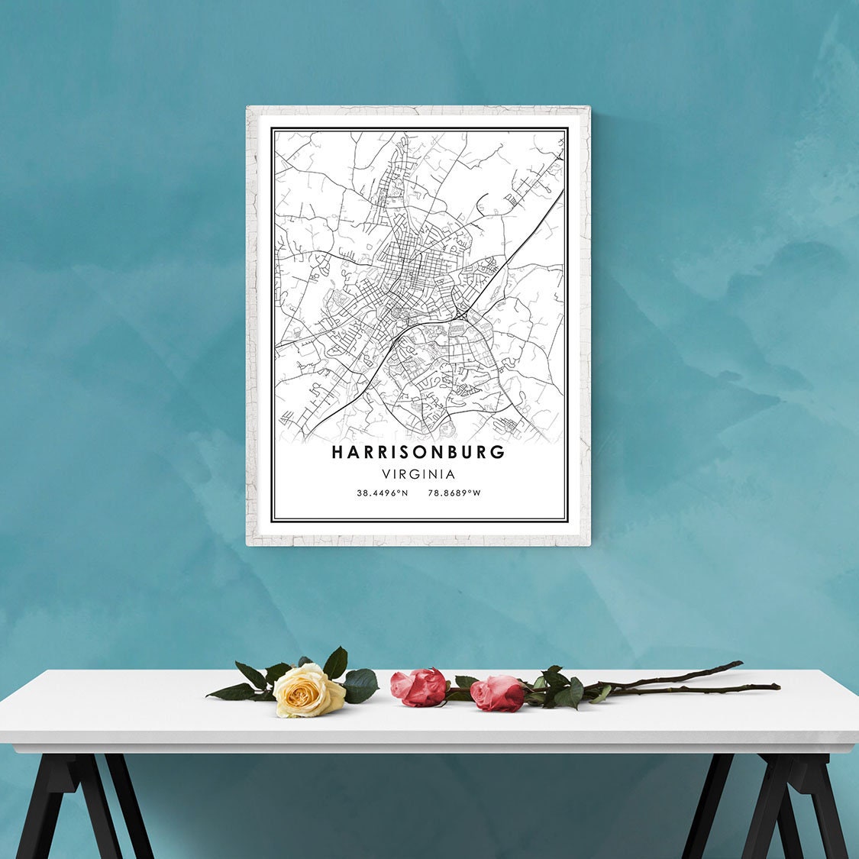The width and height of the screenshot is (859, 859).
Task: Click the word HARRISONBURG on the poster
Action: [x=418, y=452]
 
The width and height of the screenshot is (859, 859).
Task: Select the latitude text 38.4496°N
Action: [x=382, y=493]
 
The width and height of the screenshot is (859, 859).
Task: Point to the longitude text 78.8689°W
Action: [x=454, y=493]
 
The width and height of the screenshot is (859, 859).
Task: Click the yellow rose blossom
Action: [x=307, y=691]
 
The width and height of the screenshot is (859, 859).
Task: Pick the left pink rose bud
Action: [x=419, y=686]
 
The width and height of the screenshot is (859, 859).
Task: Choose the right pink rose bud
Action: [x=498, y=693]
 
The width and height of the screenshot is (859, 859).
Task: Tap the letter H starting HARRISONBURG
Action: [x=337, y=452]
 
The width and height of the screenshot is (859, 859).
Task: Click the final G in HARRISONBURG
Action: [x=499, y=452]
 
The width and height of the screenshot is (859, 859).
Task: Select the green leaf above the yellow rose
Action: [x=335, y=661]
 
